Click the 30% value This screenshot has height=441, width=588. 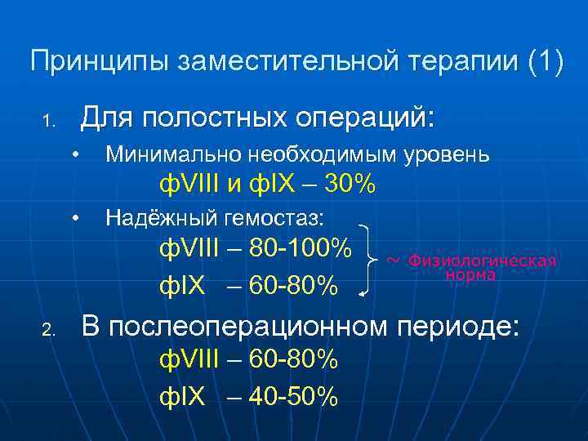[350, 185]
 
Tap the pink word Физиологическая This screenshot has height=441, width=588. [482, 261]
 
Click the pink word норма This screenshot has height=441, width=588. [470, 276]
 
